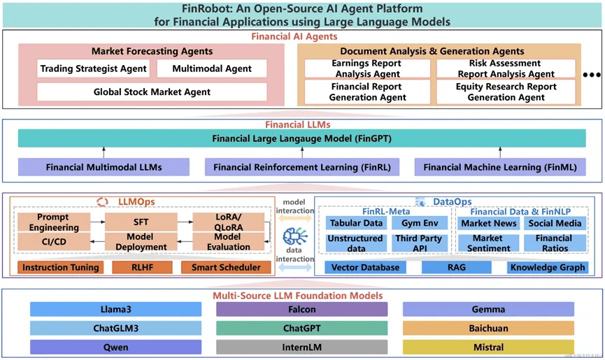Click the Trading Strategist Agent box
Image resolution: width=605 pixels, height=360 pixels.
click(x=94, y=69)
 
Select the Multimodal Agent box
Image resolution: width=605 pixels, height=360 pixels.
click(x=212, y=69)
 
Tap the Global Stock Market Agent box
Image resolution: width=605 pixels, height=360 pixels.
click(x=152, y=92)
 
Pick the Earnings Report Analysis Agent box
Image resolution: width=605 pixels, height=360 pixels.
click(x=367, y=69)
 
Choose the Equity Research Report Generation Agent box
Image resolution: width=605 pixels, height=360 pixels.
click(x=506, y=92)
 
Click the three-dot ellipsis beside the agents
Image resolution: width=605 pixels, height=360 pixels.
click(x=592, y=75)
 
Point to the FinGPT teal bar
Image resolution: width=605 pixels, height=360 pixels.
click(x=301, y=138)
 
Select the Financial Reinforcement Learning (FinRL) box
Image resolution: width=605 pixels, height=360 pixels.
click(x=302, y=167)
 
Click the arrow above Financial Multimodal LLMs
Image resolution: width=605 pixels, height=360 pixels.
click(x=104, y=152)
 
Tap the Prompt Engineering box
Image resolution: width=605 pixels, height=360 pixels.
click(x=54, y=222)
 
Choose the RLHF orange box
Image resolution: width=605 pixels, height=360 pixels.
click(x=143, y=268)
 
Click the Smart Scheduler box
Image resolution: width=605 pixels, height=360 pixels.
click(x=226, y=268)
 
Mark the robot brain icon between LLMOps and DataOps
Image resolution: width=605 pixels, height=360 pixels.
click(x=294, y=236)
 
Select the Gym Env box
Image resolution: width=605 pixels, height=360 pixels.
click(x=420, y=223)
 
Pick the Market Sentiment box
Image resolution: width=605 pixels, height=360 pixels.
click(x=488, y=243)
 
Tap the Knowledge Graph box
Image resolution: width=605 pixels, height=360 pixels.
click(x=548, y=268)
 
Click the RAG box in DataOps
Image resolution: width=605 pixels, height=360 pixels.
click(x=457, y=268)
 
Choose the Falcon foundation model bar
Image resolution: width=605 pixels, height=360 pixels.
click(x=301, y=309)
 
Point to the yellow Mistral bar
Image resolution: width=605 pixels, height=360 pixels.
click(x=488, y=347)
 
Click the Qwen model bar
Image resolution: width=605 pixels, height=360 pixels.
click(x=115, y=347)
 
